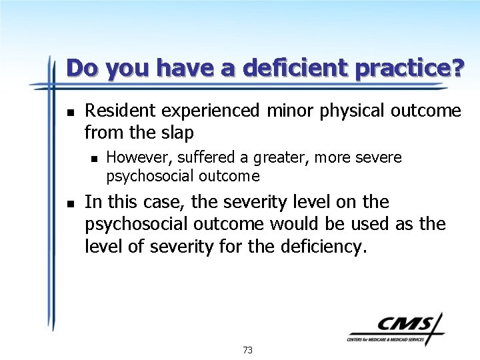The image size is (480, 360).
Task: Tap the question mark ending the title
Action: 457,68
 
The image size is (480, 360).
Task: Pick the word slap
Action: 176,133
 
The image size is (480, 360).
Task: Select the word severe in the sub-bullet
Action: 379,157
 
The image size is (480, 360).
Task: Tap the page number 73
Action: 247,349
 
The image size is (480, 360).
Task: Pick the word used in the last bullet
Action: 369,224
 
